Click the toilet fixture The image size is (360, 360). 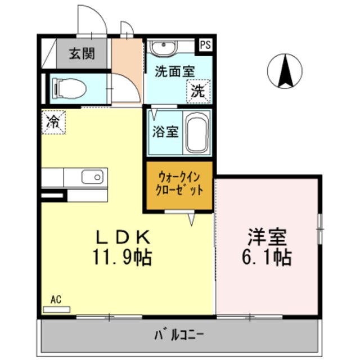[x=69, y=88]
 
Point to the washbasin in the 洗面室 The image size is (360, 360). [x=163, y=48]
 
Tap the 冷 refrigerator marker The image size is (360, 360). [x=53, y=121]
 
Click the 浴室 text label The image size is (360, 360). [x=166, y=132]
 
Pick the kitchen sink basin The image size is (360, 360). [x=92, y=178]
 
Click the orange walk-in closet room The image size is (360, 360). [x=179, y=186]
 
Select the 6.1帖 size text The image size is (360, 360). [x=267, y=258]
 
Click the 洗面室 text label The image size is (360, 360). [x=175, y=73]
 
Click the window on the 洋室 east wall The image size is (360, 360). [x=320, y=228]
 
